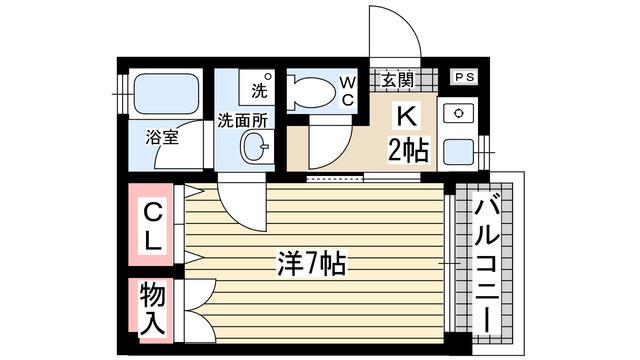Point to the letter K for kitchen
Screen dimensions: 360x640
pos(407,116)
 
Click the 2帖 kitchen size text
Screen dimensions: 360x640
pos(408,150)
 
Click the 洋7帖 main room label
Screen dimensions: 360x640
pos(311,264)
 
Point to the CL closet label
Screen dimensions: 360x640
pos(151,227)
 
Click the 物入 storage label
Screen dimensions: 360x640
pos(153,309)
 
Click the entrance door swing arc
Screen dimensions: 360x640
pos(396,35)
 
